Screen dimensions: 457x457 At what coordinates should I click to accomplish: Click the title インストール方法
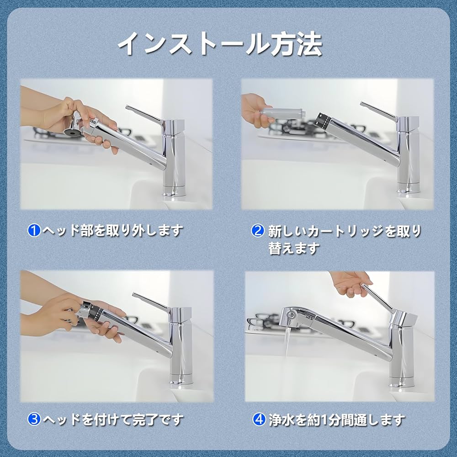pos(220,44)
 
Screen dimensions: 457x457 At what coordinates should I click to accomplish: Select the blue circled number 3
pos(34,419)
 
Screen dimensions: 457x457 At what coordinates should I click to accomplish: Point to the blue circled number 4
pos(259,419)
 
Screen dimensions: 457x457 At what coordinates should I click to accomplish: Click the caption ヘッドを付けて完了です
pos(112,419)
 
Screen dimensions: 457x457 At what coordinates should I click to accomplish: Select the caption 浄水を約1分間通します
pos(336,419)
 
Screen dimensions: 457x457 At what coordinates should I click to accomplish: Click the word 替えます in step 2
pos(293,249)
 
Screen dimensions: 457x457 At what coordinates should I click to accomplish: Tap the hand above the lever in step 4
pos(350,282)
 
